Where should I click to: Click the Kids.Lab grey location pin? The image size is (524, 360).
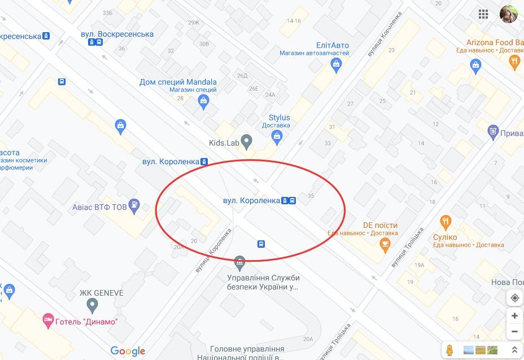tap(246, 140)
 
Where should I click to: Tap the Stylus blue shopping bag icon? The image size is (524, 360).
tap(277, 135)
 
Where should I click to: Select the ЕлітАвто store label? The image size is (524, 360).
tap(333, 46)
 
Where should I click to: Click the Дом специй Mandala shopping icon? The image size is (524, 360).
tap(204, 102)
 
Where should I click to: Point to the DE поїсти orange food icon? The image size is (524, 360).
tap(385, 244)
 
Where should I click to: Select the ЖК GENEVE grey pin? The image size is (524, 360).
tap(93, 306)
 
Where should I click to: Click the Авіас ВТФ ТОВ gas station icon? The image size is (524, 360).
tap(134, 204)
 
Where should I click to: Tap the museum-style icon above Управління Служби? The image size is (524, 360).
tap(240, 262)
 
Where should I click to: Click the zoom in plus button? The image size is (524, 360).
tap(514, 316)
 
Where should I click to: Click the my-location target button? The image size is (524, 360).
tap(514, 297)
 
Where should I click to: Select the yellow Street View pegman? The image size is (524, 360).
tap(449, 350)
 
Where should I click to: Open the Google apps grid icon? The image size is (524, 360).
tap(483, 14)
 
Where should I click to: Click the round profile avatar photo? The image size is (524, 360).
tap(508, 14)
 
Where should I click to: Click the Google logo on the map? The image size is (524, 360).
tap(128, 351)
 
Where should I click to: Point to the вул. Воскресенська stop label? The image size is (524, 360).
tap(117, 34)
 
